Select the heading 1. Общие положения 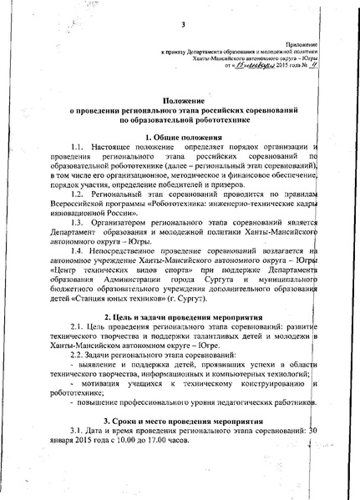click(181, 137)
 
